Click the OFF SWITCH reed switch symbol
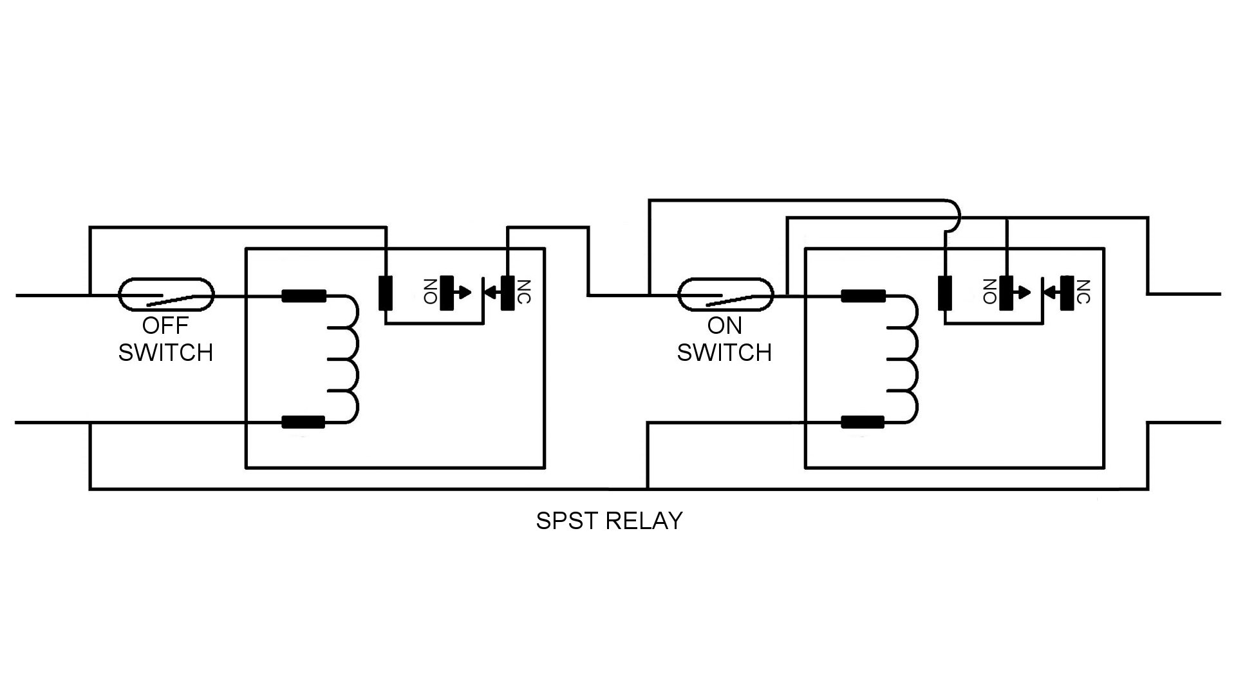165,296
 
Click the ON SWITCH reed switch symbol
725,296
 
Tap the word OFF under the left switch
165,326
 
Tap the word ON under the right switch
725,326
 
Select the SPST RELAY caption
609,521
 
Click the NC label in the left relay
524,292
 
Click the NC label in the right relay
1083,292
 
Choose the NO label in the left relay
430,292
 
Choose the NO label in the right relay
989,292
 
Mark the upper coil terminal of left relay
304,296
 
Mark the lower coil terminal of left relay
304,423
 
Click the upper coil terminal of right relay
863,296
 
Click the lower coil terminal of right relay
863,423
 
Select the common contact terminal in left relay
385,293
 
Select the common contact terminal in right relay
944,293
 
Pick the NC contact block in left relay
508,293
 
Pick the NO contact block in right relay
1006,293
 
